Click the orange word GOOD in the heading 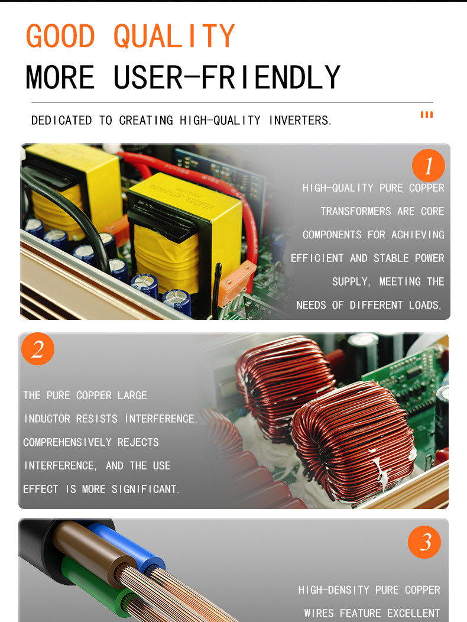61,35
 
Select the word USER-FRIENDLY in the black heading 227,77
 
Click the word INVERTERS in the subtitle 300,120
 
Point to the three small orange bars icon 427,115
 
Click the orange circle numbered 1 429,166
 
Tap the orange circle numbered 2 38,349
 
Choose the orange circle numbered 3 424,542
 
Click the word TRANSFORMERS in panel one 356,211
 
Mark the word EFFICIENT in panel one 317,258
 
